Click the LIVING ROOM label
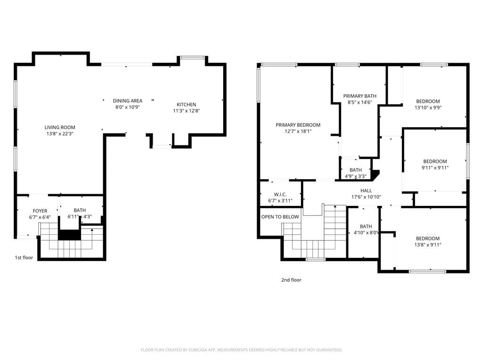(x=60, y=127)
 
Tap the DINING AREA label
(x=127, y=100)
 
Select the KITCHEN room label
(x=186, y=105)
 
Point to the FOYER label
(x=40, y=211)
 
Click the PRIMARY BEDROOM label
(x=298, y=125)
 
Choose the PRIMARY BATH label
(x=359, y=96)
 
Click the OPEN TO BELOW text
(x=280, y=217)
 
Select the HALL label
(x=366, y=190)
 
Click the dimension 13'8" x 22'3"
(x=60, y=134)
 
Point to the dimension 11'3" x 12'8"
(x=186, y=111)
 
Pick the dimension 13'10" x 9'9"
(x=428, y=107)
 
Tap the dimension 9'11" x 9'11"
(x=434, y=168)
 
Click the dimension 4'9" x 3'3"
(x=356, y=176)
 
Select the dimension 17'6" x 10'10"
(x=366, y=197)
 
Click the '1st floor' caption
(x=24, y=258)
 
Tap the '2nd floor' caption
(x=291, y=280)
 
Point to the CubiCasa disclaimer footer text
(x=241, y=350)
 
